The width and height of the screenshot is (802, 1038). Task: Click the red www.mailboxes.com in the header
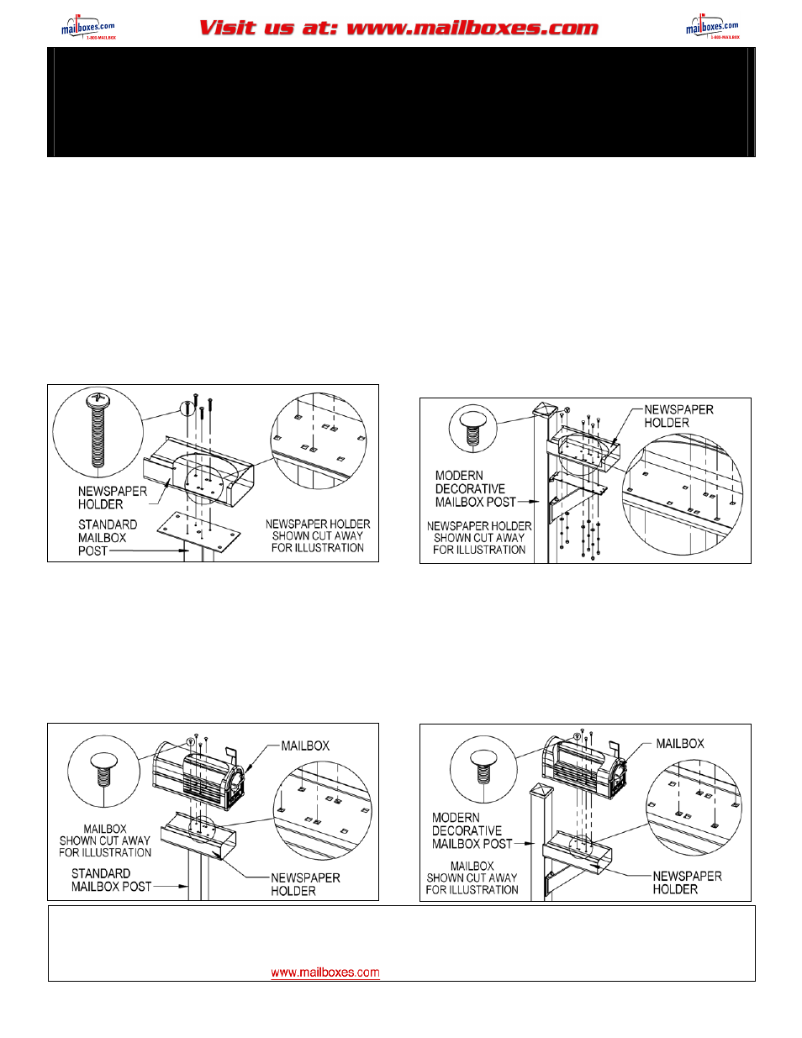click(472, 28)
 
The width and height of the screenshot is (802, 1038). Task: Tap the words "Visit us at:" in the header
click(268, 28)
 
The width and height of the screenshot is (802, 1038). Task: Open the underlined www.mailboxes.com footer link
click(324, 972)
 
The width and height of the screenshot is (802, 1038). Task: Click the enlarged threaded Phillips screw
click(98, 429)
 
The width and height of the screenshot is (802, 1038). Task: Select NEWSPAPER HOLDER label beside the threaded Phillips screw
click(112, 498)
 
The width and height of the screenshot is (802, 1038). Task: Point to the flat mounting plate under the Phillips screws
click(204, 529)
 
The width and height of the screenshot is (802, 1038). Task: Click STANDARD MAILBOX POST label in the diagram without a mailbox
click(107, 538)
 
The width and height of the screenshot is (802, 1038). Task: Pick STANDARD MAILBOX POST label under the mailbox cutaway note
click(111, 880)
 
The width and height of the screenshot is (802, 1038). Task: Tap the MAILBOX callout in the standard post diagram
click(305, 746)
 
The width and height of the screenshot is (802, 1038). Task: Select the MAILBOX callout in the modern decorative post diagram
click(679, 744)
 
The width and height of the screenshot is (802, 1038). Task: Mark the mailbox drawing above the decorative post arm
click(585, 767)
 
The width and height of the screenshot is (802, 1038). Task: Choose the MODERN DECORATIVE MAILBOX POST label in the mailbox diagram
click(472, 830)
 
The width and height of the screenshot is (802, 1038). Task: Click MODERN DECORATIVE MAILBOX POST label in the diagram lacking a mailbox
click(475, 488)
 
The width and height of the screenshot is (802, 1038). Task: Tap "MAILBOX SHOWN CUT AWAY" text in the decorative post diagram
click(472, 877)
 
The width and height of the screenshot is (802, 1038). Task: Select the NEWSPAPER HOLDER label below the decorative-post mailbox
click(686, 883)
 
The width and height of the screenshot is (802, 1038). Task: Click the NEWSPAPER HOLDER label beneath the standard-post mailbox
click(304, 884)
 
